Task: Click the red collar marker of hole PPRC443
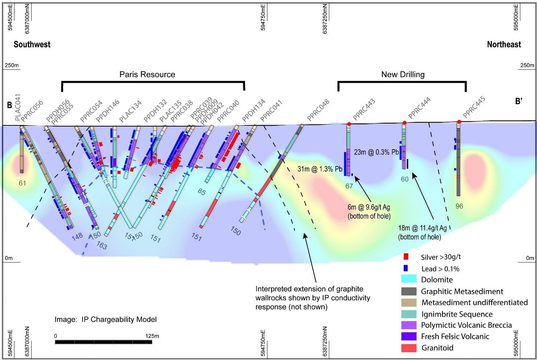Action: coord(349,124)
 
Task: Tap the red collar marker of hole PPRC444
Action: coord(404,122)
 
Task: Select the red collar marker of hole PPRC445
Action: coord(459,122)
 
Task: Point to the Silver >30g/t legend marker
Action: coord(405,257)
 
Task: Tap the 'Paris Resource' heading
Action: coord(147,74)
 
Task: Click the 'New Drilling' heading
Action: coord(403,74)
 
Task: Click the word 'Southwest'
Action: coord(32,44)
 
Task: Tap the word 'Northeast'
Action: coord(504,44)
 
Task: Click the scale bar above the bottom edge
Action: coord(103,342)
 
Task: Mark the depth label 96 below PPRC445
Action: coord(459,206)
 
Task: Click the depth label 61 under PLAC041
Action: coord(22,183)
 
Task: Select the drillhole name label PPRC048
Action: coord(318,110)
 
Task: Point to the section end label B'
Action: coord(518,102)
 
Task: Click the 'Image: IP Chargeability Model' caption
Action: coord(106,319)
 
